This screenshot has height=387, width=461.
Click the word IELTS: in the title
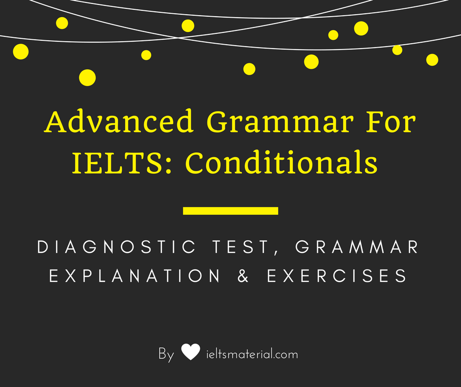(x=123, y=164)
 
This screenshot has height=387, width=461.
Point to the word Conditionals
(x=282, y=164)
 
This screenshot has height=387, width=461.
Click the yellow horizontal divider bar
(x=230, y=211)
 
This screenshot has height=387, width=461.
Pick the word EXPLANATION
(x=135, y=276)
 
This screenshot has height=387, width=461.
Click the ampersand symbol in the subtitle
(x=243, y=276)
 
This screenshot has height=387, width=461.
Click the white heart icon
(x=190, y=352)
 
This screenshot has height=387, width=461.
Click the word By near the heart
(x=166, y=354)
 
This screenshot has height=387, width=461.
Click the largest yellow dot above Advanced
(x=87, y=77)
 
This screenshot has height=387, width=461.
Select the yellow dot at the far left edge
(x=21, y=51)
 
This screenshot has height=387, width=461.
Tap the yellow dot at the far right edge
(x=432, y=59)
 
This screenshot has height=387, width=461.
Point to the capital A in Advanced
(x=54, y=123)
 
